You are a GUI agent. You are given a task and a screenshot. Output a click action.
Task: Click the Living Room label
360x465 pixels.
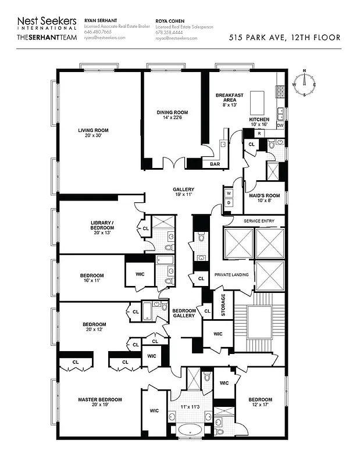coord(93,130)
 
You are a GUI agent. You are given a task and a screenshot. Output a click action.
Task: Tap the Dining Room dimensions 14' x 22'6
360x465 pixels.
coord(172,118)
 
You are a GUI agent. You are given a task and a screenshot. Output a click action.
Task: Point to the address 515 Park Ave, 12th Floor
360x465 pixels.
coord(285,38)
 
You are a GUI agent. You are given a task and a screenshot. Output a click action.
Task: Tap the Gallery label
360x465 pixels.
coord(183,189)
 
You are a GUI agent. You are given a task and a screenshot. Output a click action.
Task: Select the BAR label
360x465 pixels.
coord(214,164)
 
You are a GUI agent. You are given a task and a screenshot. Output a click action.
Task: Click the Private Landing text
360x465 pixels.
coord(230,274)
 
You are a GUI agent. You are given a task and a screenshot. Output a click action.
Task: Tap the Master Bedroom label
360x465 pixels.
coord(100,399)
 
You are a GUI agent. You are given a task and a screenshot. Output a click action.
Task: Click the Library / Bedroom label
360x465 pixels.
coord(102,225)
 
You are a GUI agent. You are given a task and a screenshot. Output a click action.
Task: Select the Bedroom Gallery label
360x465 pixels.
coord(184,313)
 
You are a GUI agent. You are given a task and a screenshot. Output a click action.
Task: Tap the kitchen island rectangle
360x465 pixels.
coord(258,102)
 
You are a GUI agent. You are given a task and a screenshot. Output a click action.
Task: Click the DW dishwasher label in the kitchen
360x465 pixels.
coord(280,125)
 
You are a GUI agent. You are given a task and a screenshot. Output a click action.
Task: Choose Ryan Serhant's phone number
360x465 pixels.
coord(97,32)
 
